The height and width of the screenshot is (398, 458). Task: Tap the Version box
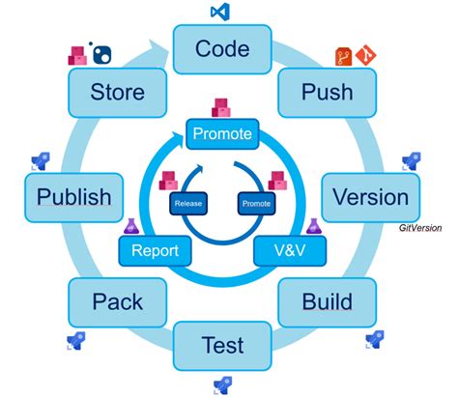[369, 197]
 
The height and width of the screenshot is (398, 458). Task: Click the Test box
[221, 345]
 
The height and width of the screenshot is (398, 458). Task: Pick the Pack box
[118, 301]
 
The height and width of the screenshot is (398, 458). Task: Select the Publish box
[73, 197]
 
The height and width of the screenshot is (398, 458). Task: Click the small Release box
[188, 205]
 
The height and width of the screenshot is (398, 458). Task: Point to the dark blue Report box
[156, 251]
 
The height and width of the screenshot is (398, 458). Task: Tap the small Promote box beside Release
[256, 205]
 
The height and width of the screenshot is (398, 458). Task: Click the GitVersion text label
[424, 228]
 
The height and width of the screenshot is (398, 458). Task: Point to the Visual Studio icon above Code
[220, 13]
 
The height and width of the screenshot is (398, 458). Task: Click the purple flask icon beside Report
[131, 226]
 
